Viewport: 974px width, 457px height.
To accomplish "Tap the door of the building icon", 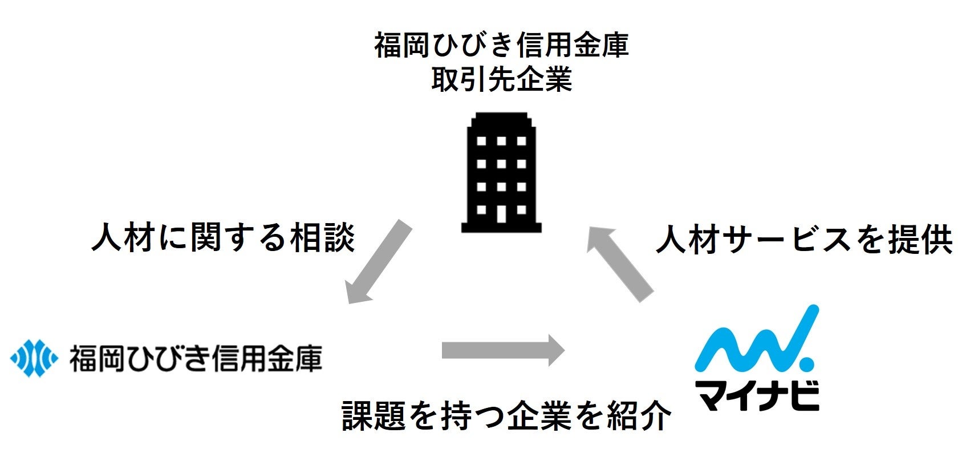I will coord(501,213).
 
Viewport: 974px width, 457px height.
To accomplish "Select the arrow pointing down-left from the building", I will coord(379,262).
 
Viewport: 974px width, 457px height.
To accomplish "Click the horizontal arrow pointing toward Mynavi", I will coord(502,349).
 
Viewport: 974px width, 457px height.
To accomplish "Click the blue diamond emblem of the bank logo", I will coord(34,358).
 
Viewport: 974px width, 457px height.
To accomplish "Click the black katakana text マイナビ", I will coord(757,394).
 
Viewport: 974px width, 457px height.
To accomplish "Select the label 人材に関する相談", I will coord(224,237).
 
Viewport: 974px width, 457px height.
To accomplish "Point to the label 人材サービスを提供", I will coord(805,240).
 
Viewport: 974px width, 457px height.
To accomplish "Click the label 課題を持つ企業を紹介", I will coord(506,416).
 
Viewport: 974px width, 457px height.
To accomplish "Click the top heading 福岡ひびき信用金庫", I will coord(501,45).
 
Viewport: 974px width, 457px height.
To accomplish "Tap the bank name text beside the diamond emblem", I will coord(196,358).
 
